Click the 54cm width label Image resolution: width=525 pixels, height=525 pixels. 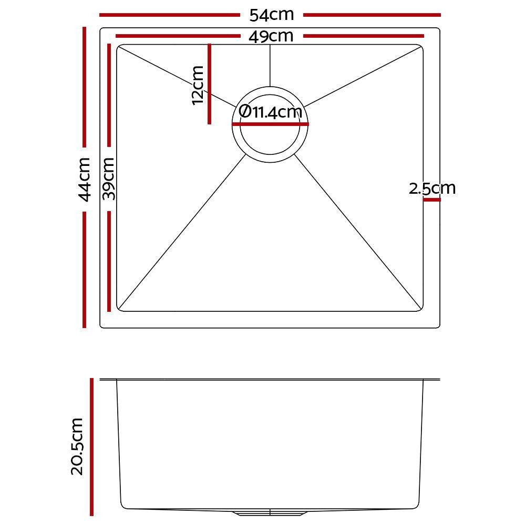click(x=271, y=15)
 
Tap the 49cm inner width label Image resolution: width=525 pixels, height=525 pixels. click(x=271, y=36)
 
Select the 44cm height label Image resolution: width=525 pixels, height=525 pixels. click(x=84, y=179)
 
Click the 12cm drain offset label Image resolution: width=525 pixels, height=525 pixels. click(x=198, y=85)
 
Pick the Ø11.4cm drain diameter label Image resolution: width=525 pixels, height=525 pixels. click(x=270, y=112)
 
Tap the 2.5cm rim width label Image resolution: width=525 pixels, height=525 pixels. click(x=432, y=188)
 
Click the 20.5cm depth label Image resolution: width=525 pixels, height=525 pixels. click(x=77, y=446)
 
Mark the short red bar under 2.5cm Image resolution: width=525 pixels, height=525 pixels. click(x=431, y=199)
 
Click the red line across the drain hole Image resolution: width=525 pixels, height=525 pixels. click(x=270, y=124)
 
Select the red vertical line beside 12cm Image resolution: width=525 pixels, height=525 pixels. click(x=209, y=84)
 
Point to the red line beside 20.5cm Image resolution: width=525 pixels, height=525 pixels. click(x=92, y=446)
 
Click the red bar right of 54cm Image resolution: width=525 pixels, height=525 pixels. click(x=372, y=15)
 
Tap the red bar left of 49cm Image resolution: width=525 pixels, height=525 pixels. click(x=176, y=36)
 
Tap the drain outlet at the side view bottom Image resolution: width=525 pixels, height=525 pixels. click(x=270, y=511)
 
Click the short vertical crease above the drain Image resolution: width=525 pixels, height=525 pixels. click(x=270, y=66)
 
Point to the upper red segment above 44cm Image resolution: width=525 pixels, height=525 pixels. click(x=84, y=87)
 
